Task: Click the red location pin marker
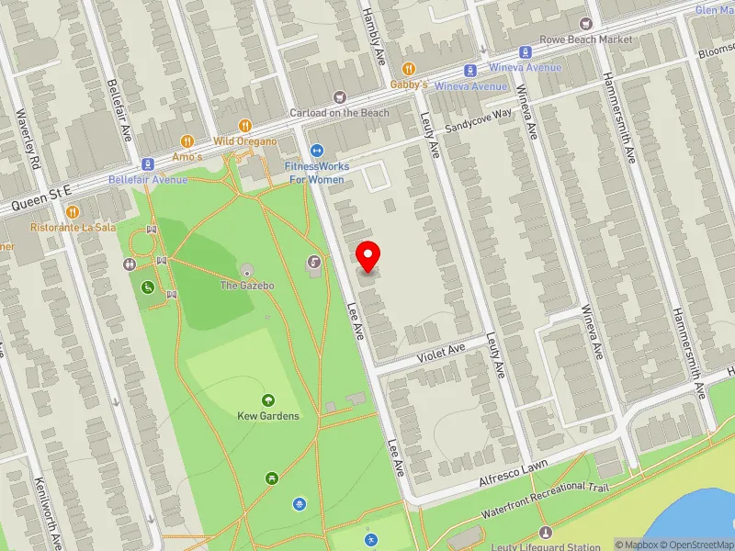point(368,256)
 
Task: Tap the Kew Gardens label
point(267,416)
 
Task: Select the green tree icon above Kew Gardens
point(267,400)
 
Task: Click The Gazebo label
point(247,286)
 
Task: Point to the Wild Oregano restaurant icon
point(244,126)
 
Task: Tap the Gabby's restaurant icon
point(410,69)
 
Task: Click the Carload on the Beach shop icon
point(340,97)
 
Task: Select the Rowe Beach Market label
point(589,39)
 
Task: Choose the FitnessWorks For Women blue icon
point(316,151)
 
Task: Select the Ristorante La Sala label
point(73,227)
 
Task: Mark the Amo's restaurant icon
point(187,141)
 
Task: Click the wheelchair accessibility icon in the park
point(146,287)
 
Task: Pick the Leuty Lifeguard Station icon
point(546,533)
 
